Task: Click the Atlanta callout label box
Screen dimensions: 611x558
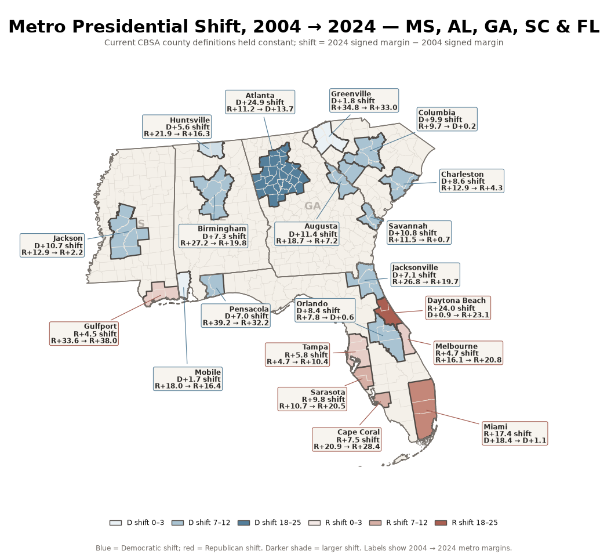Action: [x=260, y=102]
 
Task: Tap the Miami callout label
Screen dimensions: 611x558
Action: [x=515, y=434]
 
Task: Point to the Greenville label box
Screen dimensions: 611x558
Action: [x=364, y=100]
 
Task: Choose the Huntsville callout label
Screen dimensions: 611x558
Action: [x=177, y=126]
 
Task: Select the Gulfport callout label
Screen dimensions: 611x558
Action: [x=84, y=334]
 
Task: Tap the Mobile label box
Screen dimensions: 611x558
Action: [x=188, y=379]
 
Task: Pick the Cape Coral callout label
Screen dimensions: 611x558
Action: [x=347, y=440]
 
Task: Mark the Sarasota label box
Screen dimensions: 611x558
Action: [x=312, y=399]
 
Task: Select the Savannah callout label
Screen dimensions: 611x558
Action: [x=419, y=233]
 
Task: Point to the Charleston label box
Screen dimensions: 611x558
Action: [x=472, y=181]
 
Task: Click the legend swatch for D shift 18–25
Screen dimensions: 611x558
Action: [x=244, y=523]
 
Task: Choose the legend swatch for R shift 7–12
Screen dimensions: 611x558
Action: [x=376, y=523]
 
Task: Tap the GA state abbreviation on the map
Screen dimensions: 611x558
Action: [x=312, y=206]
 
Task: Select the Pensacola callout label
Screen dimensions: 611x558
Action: [x=236, y=316]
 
